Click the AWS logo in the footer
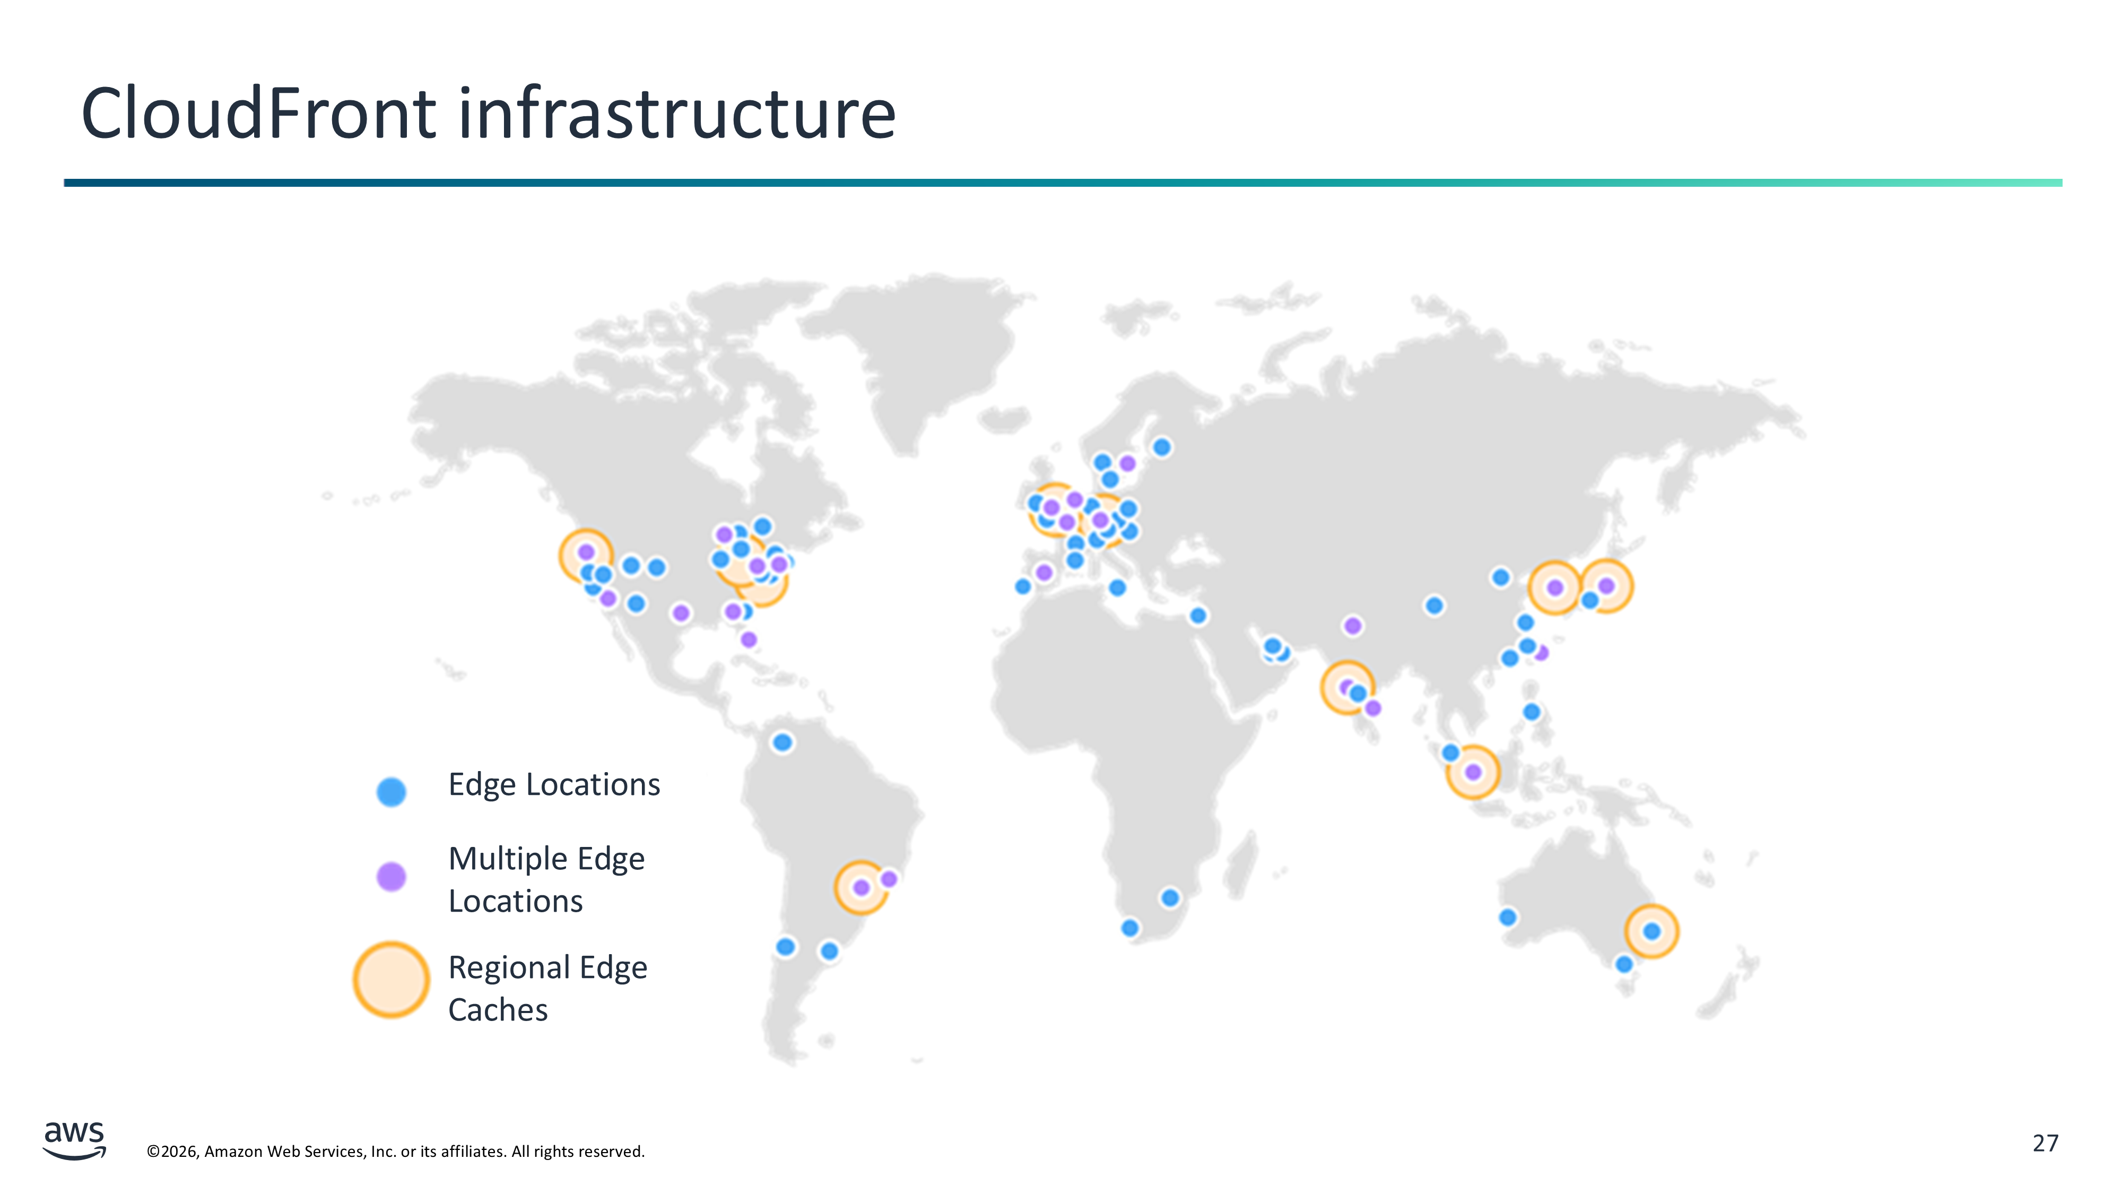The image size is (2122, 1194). (74, 1140)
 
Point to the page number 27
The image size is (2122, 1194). (2046, 1143)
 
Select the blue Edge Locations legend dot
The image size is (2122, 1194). (392, 791)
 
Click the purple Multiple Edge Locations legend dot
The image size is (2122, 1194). (392, 877)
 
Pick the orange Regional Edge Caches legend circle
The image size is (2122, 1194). (392, 979)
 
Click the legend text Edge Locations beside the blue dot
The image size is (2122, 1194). (553, 784)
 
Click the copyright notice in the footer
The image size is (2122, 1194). (395, 1151)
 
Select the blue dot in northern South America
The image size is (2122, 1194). (782, 742)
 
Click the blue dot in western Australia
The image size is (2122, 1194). (1508, 917)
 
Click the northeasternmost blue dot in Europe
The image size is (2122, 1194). (1161, 447)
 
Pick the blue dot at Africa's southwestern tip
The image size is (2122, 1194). (1130, 928)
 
